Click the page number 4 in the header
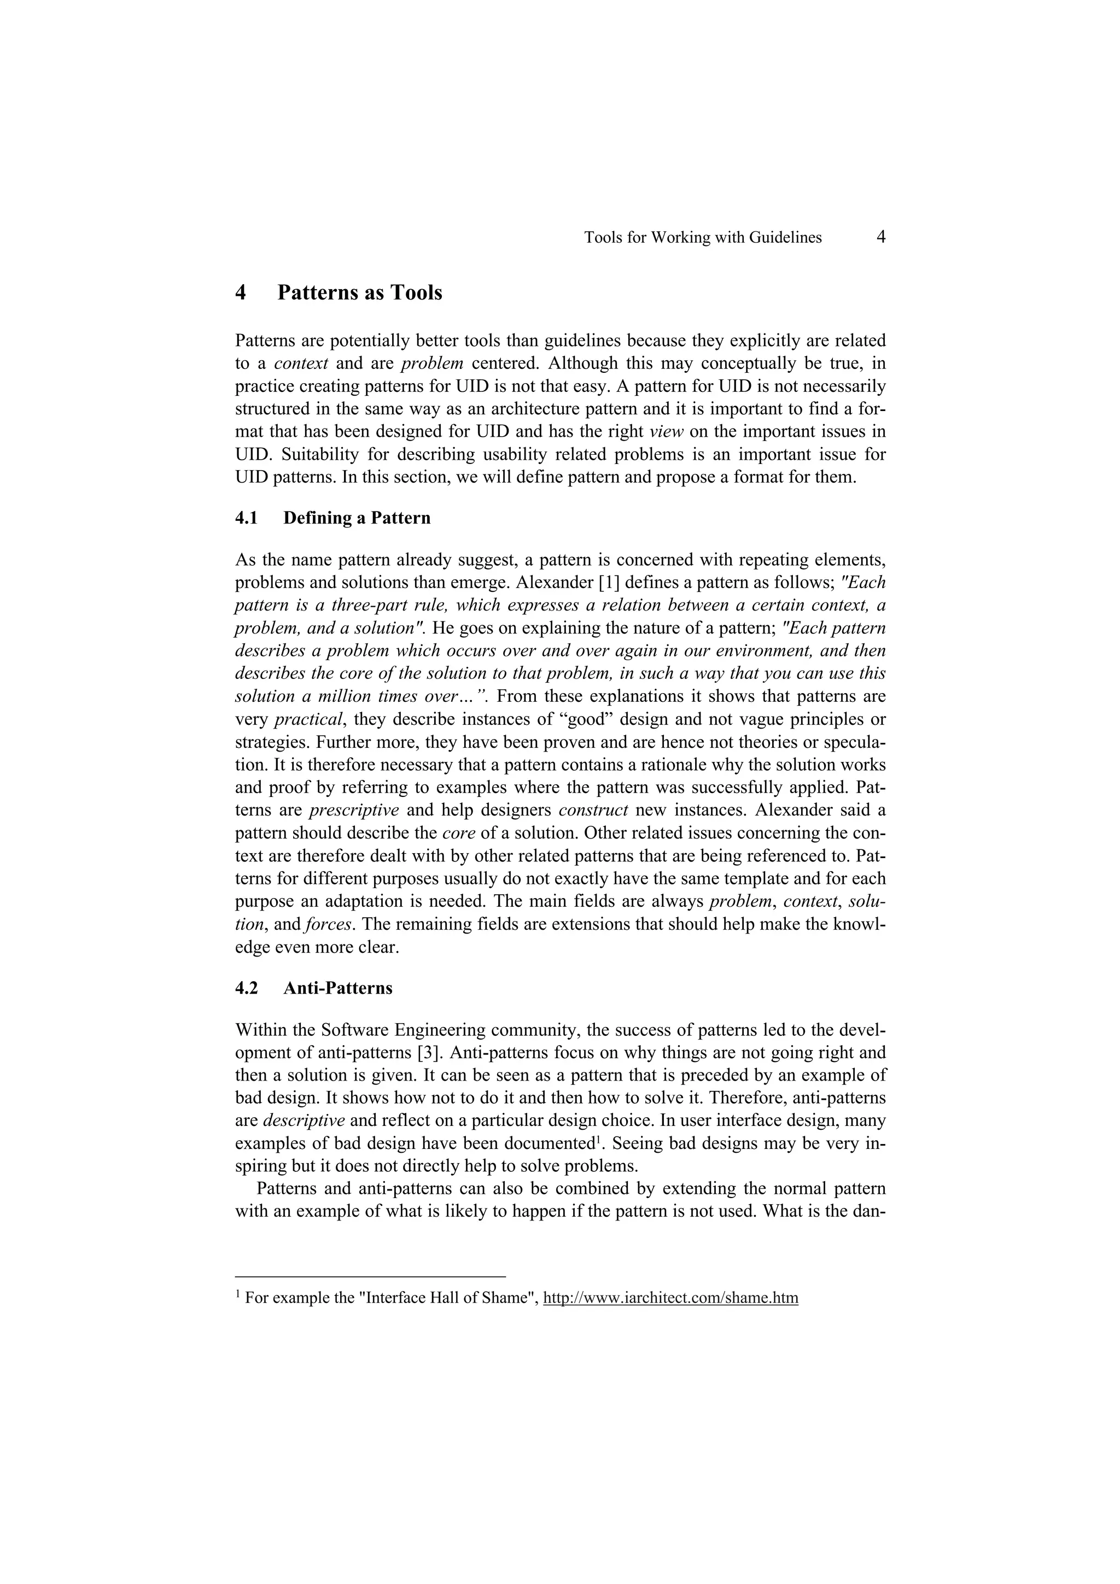pos(880,237)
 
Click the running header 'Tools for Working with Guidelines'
pos(703,238)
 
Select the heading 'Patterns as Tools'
pos(359,292)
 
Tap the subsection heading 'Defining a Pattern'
pos(357,518)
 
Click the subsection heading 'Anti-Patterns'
pos(337,988)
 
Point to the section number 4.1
pos(246,518)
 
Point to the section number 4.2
pos(246,988)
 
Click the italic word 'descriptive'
pos(304,1120)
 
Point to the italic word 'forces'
pos(326,924)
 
